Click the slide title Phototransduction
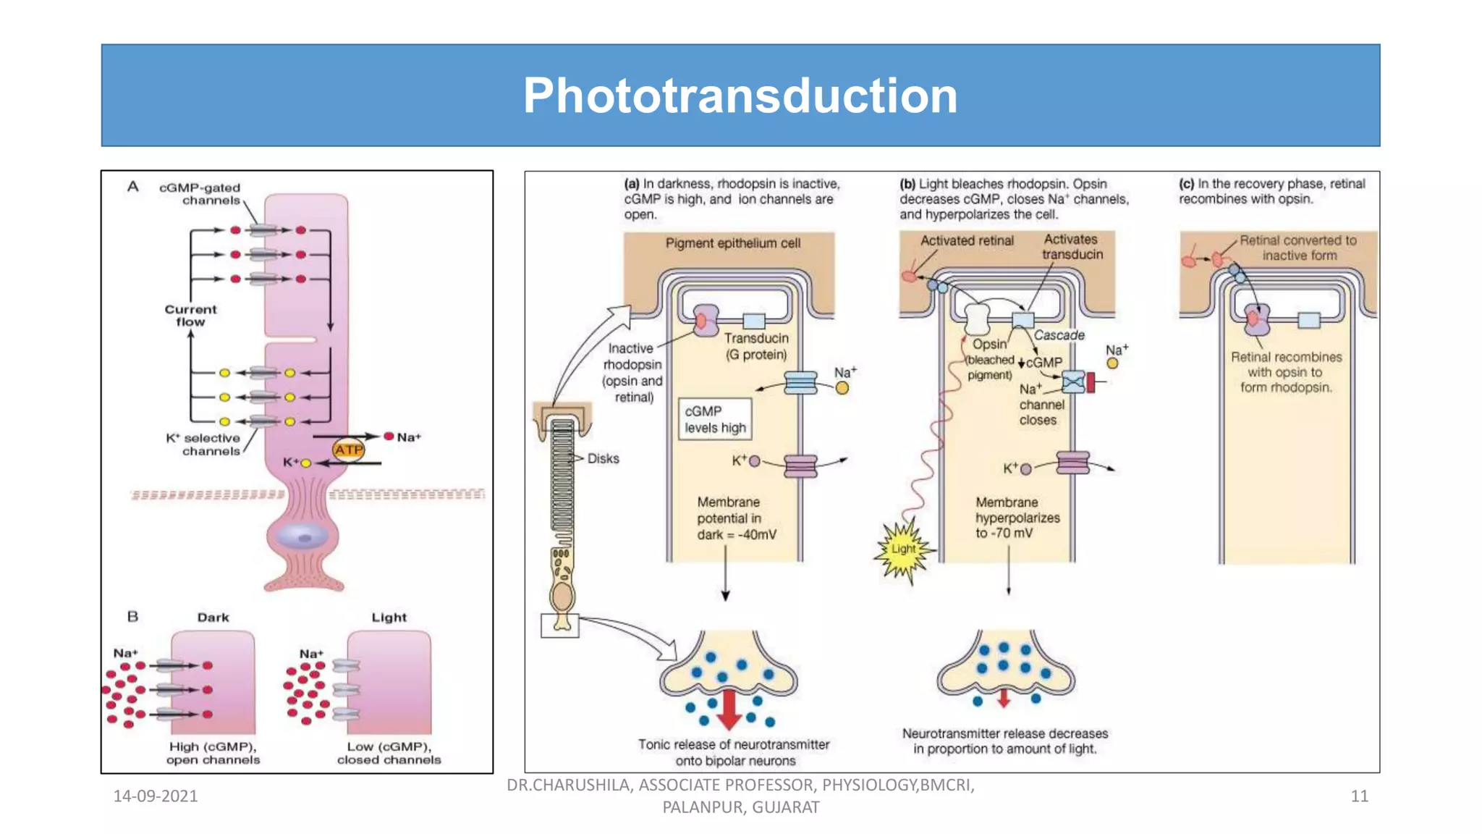coord(740,96)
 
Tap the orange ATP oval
coord(348,450)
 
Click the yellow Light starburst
coord(902,549)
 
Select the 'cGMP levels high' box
coord(715,419)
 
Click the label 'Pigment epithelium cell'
coord(732,243)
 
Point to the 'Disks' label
coord(603,458)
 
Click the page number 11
coord(1359,796)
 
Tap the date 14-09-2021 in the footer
coord(156,796)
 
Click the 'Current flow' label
coord(190,315)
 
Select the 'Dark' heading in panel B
coord(213,618)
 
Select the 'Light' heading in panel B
coord(389,618)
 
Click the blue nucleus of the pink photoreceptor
coord(304,538)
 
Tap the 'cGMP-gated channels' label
coord(200,193)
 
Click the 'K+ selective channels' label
coord(204,444)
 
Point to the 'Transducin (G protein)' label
coord(756,346)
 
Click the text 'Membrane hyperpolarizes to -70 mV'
coord(1017,517)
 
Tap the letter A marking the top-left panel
coord(133,187)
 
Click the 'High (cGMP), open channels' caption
coord(213,753)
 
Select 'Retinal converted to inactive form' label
coord(1298,248)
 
